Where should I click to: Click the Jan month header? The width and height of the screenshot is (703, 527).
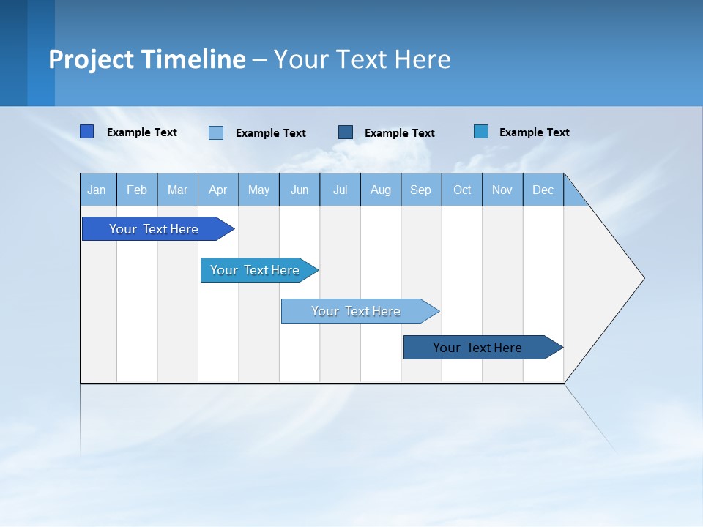coord(97,190)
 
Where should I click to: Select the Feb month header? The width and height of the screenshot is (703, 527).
coord(137,190)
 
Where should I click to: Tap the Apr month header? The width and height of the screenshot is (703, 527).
coord(218,190)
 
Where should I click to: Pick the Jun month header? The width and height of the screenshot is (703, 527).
coord(300,190)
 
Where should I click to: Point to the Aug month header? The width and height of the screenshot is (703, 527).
coord(381,190)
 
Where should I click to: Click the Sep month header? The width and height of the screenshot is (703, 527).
coord(421,190)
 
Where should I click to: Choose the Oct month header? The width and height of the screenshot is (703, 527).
coord(462,190)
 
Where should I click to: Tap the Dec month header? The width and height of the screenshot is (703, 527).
coord(543,190)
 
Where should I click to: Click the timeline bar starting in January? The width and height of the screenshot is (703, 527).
coord(155,229)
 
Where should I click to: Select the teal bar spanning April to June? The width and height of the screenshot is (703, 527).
coord(256,270)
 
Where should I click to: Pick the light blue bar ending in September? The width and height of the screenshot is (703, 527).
coord(357,311)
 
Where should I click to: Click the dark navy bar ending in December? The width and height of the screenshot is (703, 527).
coord(478,348)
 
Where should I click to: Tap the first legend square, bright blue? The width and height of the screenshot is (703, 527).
coord(87,132)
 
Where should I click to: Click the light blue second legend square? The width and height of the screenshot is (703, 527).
coord(216,132)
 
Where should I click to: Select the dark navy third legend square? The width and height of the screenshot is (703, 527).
coord(346,132)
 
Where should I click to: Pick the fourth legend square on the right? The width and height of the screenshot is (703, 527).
coord(481,132)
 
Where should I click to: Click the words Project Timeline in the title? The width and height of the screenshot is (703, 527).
coord(147,59)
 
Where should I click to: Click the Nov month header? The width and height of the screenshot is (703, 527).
coord(502,190)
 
